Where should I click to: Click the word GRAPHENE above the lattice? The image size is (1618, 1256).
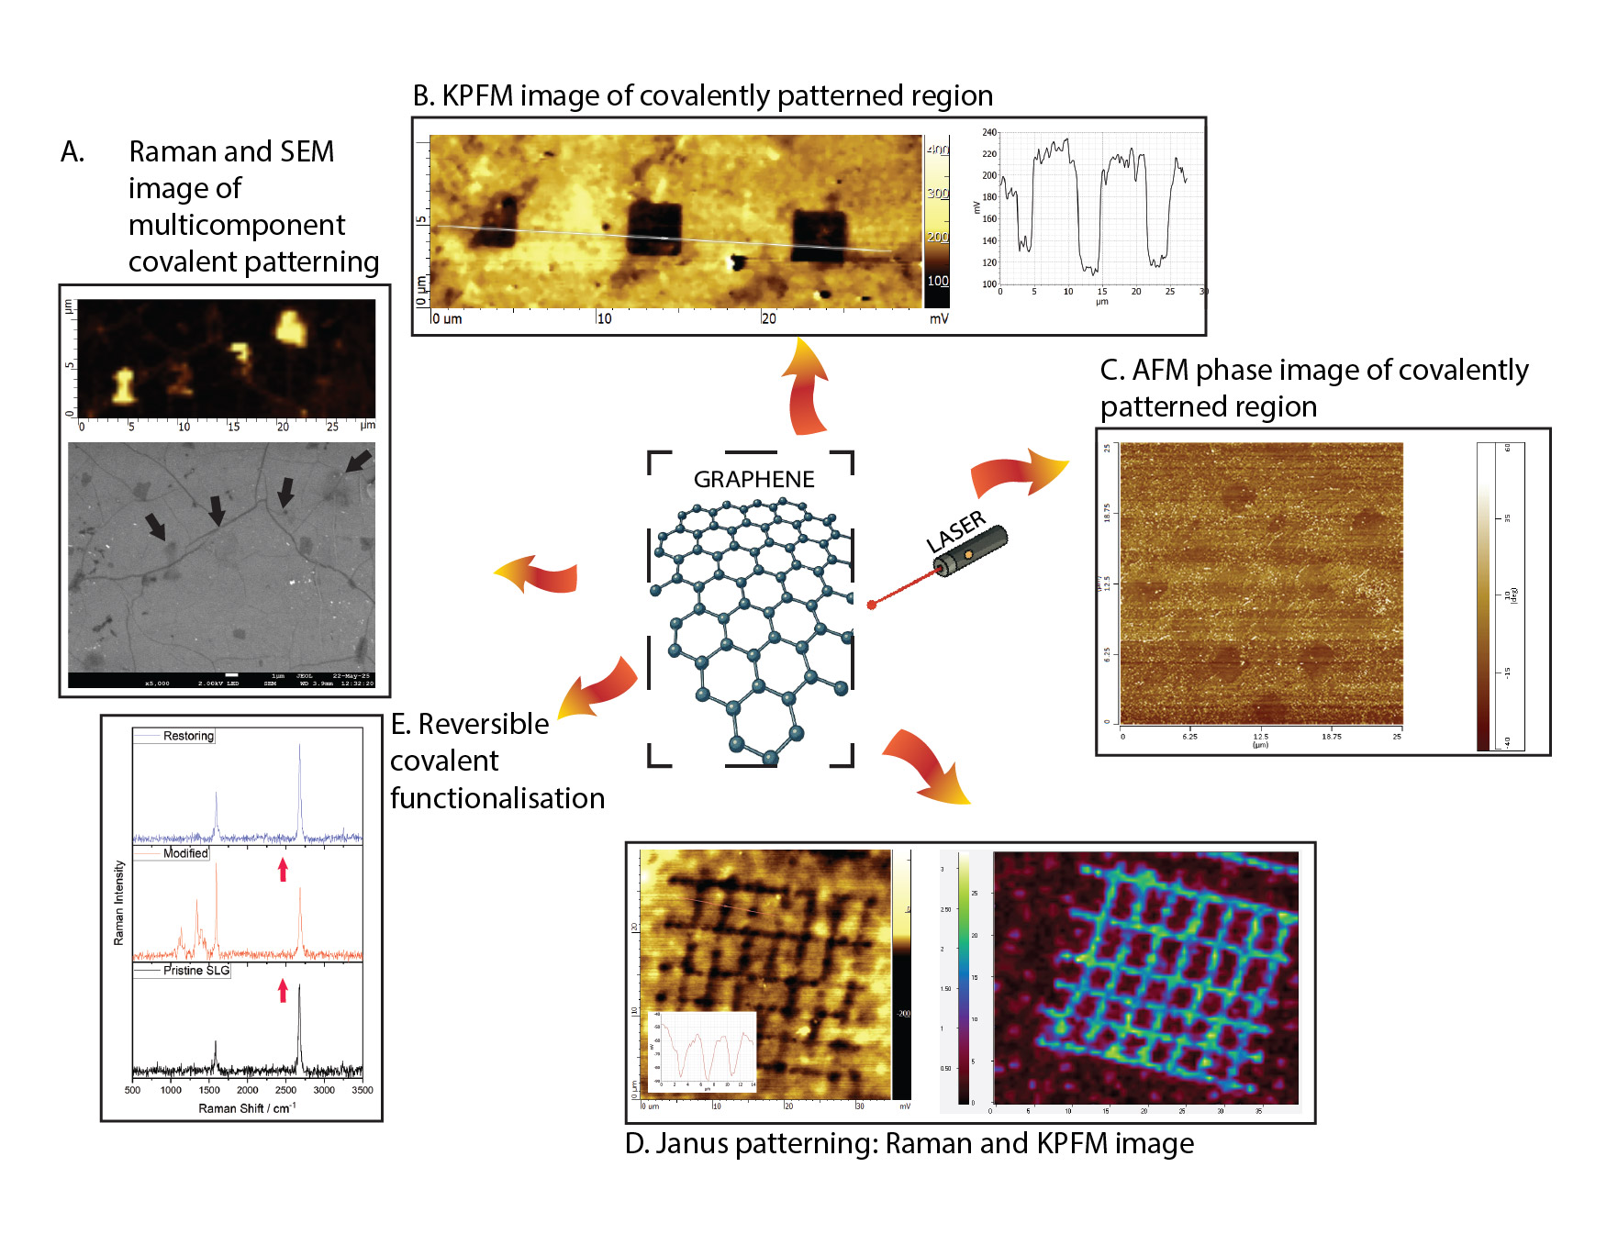pyautogui.click(x=753, y=480)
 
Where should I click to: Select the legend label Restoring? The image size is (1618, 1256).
pyautogui.click(x=188, y=736)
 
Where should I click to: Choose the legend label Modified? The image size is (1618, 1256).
pyautogui.click(x=185, y=853)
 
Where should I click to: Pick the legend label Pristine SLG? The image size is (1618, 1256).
pyautogui.click(x=196, y=971)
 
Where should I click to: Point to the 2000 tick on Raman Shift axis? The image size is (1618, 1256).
pyautogui.click(x=247, y=1091)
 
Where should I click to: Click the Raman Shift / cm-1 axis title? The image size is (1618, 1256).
pyautogui.click(x=247, y=1108)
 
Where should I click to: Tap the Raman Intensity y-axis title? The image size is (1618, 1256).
pyautogui.click(x=118, y=903)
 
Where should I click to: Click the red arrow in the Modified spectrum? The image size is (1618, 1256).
pyautogui.click(x=283, y=869)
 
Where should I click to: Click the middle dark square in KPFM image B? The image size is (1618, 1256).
pyautogui.click(x=654, y=228)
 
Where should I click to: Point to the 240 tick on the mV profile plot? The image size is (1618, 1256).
pyautogui.click(x=989, y=132)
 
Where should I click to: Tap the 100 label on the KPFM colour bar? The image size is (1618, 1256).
pyautogui.click(x=937, y=281)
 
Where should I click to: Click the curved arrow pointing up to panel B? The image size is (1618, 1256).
pyautogui.click(x=805, y=385)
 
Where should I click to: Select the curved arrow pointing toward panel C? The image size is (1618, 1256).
pyautogui.click(x=1020, y=472)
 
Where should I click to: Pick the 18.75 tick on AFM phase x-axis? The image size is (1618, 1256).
pyautogui.click(x=1331, y=737)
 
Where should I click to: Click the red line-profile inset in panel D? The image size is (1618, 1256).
pyautogui.click(x=703, y=1050)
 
